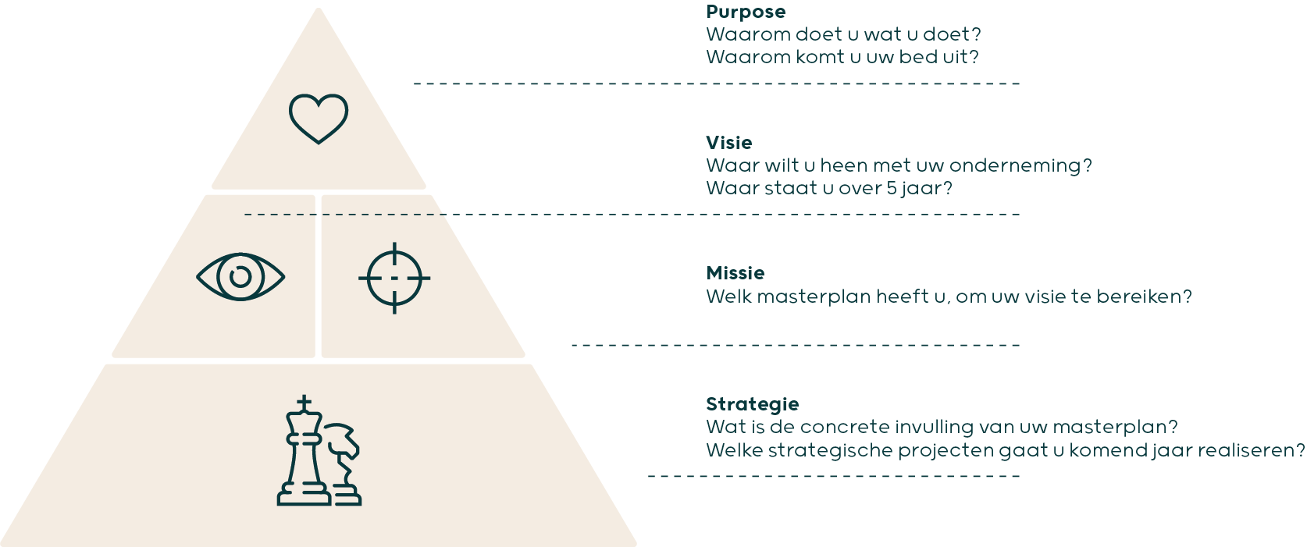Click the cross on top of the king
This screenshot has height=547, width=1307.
[x=304, y=403]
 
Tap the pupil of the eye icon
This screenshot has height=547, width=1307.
[x=240, y=277]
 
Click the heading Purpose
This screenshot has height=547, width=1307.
[x=746, y=12]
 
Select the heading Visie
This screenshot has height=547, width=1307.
[x=728, y=142]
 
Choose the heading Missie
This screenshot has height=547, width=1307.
[x=735, y=273]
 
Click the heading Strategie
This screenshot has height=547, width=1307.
[x=752, y=404]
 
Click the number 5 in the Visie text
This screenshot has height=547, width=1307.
[x=891, y=188]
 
